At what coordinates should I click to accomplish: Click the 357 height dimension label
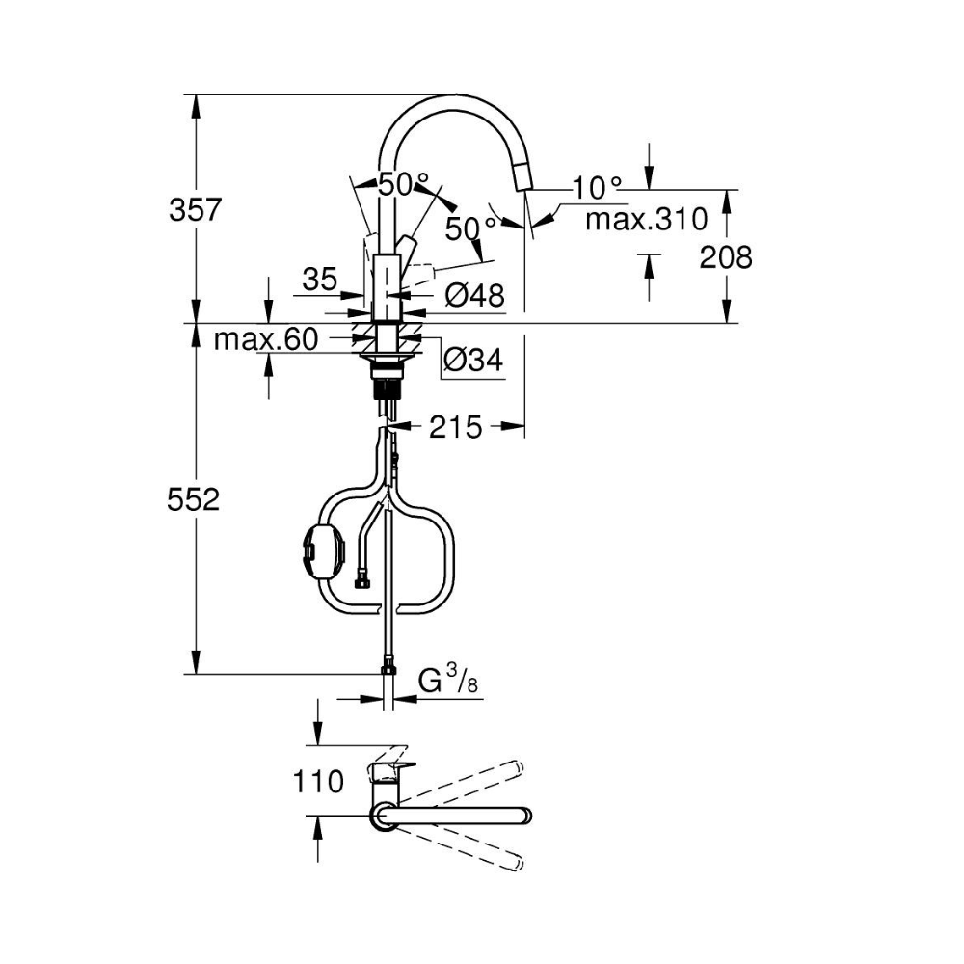[195, 210]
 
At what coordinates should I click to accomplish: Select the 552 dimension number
[193, 499]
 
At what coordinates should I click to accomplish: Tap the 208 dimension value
[726, 257]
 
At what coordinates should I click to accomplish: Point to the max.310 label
[647, 219]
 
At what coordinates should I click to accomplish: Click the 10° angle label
[597, 187]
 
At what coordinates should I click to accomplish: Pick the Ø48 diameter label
[474, 296]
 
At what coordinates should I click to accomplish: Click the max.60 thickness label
[266, 339]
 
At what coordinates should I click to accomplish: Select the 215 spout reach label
[456, 427]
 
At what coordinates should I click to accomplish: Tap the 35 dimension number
[320, 280]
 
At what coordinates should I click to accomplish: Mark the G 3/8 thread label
[448, 681]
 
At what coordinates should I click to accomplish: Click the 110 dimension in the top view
[318, 782]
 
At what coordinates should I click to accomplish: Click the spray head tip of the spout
[524, 179]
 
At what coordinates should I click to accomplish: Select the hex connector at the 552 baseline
[388, 665]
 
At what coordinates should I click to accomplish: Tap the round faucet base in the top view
[385, 817]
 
